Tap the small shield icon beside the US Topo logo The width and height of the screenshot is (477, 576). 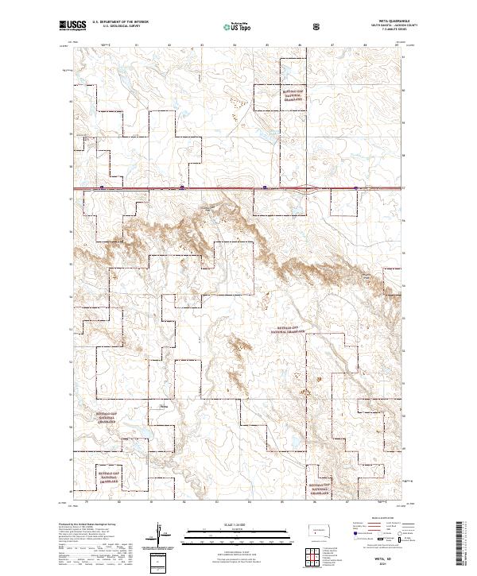319,25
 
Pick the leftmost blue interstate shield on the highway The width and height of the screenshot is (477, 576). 103,188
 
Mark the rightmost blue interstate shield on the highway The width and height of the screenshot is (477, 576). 355,188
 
